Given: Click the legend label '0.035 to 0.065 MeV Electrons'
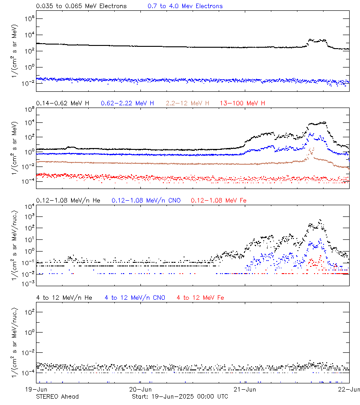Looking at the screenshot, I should tap(81, 6).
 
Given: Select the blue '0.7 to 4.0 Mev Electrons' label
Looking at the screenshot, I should tap(185, 6).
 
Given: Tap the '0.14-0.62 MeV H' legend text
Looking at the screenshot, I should tap(63, 103).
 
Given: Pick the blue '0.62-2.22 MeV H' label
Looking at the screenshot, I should tap(127, 103).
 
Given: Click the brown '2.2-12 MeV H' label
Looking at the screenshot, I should tap(188, 103).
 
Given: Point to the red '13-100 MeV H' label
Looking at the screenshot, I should tap(243, 103).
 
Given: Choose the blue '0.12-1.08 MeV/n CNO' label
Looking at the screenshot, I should tap(146, 200).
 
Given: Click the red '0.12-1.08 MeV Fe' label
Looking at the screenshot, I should tap(218, 200).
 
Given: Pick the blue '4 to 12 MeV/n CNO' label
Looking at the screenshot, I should tap(135, 297).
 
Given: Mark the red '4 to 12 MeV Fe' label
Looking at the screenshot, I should tap(200, 297).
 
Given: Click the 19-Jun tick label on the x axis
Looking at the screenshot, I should tap(36, 390).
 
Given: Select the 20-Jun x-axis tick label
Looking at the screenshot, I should tap(140, 390).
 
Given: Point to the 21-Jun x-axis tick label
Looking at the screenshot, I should tap(244, 390).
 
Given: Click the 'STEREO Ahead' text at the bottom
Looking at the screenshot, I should tap(57, 396).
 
